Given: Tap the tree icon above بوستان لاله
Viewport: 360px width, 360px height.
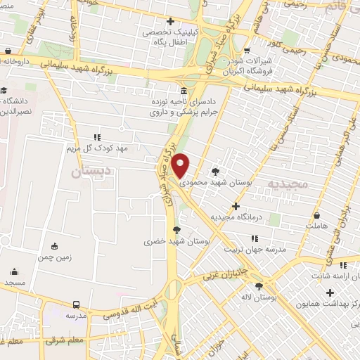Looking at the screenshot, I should pyautogui.click(x=259, y=286).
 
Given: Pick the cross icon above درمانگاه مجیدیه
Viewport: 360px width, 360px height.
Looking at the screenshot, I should pyautogui.click(x=236, y=207).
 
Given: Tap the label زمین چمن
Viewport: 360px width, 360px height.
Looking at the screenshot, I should pyautogui.click(x=55, y=257).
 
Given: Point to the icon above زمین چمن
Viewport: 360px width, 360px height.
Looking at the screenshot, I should pyautogui.click(x=55, y=246).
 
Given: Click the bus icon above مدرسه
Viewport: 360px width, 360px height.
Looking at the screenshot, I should pyautogui.click(x=76, y=304).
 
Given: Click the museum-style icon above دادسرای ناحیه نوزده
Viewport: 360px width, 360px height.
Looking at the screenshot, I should pyautogui.click(x=184, y=91).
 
